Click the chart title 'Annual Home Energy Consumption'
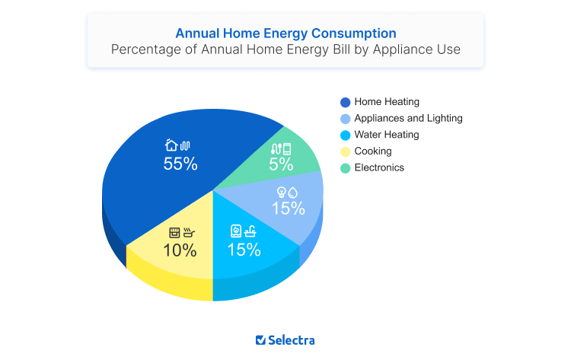(285, 33)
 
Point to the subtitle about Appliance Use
(285, 50)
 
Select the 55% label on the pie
(180, 164)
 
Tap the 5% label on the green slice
(280, 164)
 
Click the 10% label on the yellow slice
(180, 250)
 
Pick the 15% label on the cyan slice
(244, 249)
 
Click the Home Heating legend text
(387, 102)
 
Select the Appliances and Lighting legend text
(408, 119)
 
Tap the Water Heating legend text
(386, 135)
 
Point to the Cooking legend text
(373, 151)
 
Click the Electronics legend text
(379, 167)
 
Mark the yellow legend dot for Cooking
(345, 151)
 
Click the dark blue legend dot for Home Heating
(345, 102)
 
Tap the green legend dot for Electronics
(345, 168)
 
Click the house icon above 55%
(171, 145)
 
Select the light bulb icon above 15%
(281, 191)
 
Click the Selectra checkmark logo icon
(260, 340)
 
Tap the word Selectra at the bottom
(292, 340)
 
